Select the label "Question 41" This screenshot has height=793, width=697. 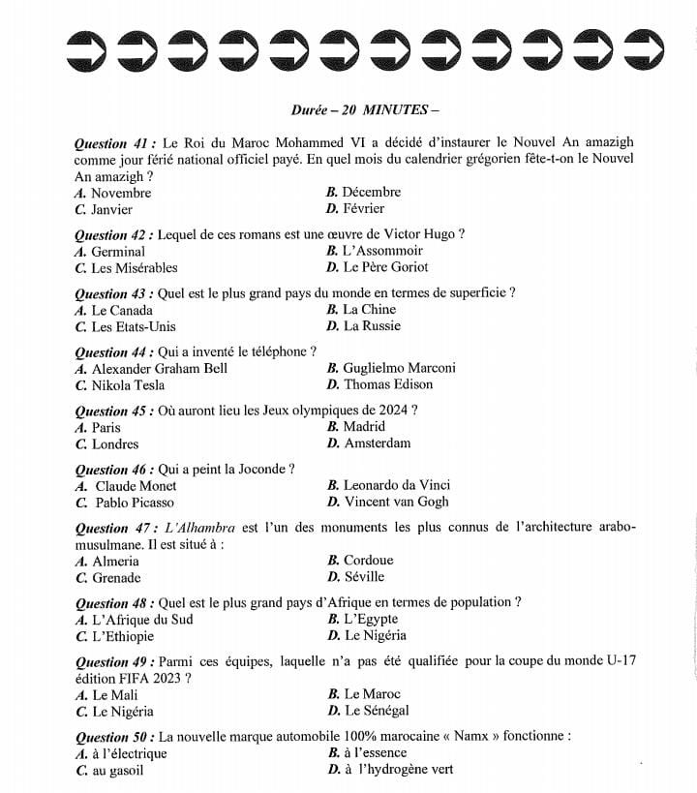(x=112, y=142)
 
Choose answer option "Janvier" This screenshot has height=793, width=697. (x=111, y=209)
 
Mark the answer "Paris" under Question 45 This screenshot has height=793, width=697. (x=106, y=427)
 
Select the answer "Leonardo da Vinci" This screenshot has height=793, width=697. (x=396, y=485)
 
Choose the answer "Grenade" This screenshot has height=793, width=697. (x=116, y=578)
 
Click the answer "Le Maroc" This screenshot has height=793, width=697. (x=371, y=694)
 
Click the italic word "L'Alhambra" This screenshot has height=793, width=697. (x=200, y=528)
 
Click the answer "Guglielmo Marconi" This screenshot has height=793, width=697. (x=398, y=368)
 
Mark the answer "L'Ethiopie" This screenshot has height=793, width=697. (x=122, y=637)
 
